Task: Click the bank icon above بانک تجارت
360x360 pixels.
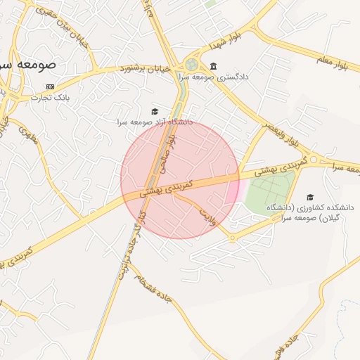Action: click(x=49, y=86)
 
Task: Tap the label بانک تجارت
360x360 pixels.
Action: click(x=48, y=97)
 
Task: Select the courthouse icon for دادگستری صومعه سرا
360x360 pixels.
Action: click(x=213, y=67)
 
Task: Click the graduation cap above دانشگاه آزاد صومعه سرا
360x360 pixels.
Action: click(x=155, y=111)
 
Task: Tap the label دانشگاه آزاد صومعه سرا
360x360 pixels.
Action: click(x=154, y=122)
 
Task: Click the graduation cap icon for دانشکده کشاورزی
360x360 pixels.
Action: click(x=310, y=198)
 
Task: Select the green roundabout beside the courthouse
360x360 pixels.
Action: click(x=191, y=65)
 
